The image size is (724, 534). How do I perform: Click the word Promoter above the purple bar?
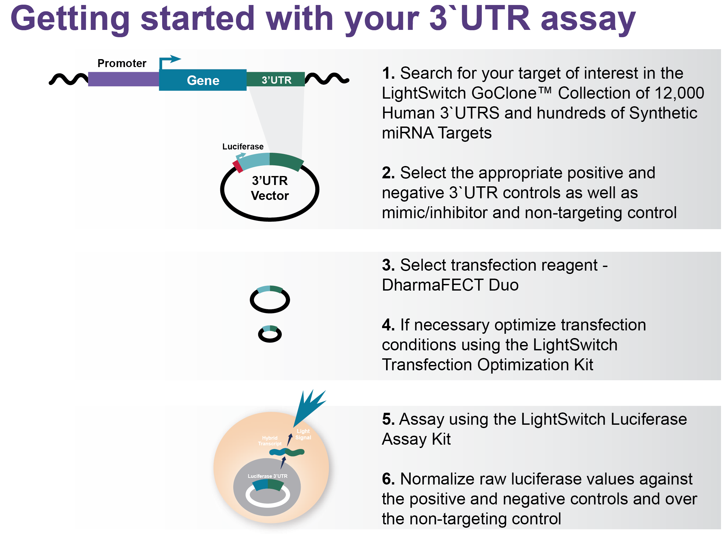[x=122, y=63]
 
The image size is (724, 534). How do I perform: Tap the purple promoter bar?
[x=124, y=79]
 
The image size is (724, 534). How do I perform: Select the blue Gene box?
[x=203, y=80]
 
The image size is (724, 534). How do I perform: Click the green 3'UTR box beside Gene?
[x=276, y=79]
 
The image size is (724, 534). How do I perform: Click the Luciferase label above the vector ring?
[x=243, y=146]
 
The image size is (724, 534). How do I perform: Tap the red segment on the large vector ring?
[x=238, y=166]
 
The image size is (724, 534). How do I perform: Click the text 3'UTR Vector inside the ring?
[x=270, y=188]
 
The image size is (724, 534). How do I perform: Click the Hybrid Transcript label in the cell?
[x=269, y=441]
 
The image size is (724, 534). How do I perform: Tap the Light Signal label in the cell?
[x=303, y=434]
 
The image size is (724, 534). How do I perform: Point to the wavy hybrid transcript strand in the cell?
[x=287, y=452]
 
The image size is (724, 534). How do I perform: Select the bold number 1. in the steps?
[x=388, y=73]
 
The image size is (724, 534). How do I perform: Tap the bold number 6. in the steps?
[x=388, y=479]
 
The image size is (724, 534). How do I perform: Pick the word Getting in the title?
[x=70, y=19]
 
